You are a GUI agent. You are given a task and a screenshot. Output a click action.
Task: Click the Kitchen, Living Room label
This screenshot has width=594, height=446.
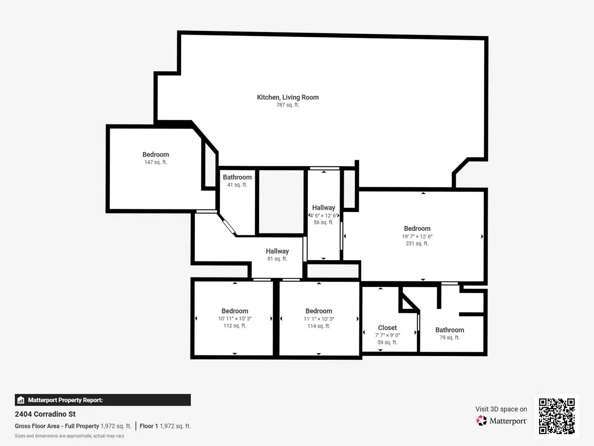point(288,97)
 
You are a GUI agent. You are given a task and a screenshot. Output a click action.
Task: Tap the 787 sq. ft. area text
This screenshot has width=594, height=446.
point(288,105)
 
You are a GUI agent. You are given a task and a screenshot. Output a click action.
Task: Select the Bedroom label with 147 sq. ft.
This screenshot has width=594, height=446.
point(156,154)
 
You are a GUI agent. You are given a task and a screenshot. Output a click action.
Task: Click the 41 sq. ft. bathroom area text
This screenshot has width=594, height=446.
point(237,185)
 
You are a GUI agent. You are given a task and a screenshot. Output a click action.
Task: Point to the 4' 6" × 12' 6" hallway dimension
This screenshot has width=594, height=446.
point(324,216)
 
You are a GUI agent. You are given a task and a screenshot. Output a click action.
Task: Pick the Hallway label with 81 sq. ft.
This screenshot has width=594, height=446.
point(277,251)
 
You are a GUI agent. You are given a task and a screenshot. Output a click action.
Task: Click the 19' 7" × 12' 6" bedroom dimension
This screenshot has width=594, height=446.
point(417,237)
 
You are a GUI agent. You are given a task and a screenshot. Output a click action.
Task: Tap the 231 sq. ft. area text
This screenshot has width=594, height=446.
point(417,244)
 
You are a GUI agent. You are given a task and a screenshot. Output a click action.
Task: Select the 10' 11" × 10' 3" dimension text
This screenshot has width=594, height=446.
point(235,319)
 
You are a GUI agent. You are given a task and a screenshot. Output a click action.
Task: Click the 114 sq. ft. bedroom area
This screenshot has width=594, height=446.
point(318,326)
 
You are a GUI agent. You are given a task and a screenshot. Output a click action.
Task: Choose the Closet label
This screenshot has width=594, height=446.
point(387,328)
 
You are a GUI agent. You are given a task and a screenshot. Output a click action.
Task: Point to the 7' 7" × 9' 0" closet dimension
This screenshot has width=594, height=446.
point(387,335)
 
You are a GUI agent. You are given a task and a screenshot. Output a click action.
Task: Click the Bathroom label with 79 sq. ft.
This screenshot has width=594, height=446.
point(450,330)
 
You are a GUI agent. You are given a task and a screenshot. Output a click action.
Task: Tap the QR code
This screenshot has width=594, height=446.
point(556,416)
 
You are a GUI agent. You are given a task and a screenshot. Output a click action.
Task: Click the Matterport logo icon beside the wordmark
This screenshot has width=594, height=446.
point(481,421)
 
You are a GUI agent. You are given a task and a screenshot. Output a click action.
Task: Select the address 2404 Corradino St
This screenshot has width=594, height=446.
point(45,414)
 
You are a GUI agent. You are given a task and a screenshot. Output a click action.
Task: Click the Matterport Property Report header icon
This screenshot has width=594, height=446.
point(21,400)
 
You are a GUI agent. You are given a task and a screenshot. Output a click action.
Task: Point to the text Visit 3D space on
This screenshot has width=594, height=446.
point(501,409)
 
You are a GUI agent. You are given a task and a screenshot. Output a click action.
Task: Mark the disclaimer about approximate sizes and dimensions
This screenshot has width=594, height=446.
point(69,436)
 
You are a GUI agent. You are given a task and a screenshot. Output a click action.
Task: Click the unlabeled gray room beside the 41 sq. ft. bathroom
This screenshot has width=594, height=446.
point(281,202)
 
